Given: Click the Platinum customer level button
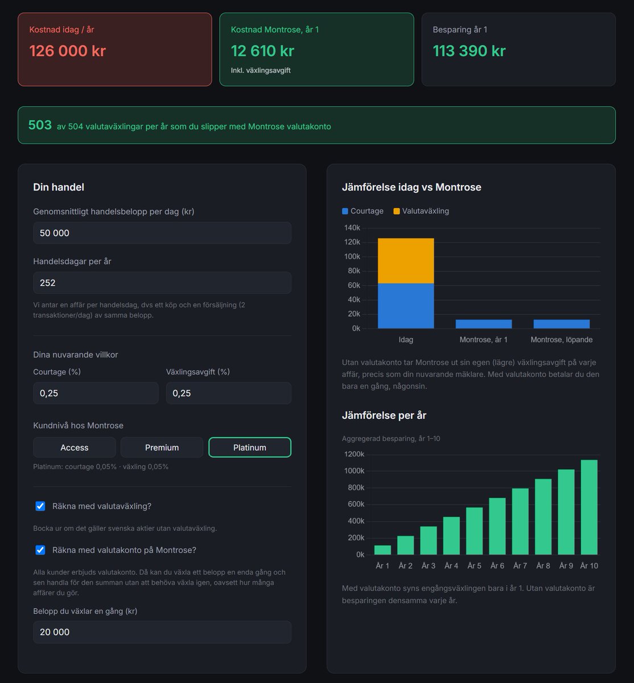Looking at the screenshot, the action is click(250, 447).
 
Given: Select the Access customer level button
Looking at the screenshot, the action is click(75, 447).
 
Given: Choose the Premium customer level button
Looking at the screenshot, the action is click(162, 447).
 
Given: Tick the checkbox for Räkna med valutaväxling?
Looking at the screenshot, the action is click(40, 506).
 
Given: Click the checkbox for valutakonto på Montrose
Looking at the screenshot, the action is click(40, 550).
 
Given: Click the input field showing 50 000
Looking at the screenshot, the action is click(162, 233).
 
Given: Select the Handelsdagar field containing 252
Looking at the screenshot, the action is click(162, 283).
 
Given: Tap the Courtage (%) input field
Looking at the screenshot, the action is click(96, 393).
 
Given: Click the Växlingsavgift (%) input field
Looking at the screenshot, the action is click(228, 393).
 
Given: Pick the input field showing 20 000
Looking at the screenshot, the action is click(162, 632).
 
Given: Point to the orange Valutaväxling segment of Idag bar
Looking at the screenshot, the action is click(406, 261).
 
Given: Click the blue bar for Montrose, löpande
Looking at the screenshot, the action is click(561, 324).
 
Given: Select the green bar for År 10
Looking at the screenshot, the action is click(589, 507).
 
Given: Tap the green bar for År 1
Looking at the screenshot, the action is click(382, 550).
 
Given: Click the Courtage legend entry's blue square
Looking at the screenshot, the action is click(345, 211).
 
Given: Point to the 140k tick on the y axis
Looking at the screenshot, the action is click(352, 228).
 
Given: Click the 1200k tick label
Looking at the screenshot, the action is click(354, 454).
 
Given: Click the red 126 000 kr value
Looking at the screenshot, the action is click(67, 51).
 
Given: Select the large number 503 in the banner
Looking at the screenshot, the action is click(40, 125).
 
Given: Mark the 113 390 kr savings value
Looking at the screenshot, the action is click(469, 51).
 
